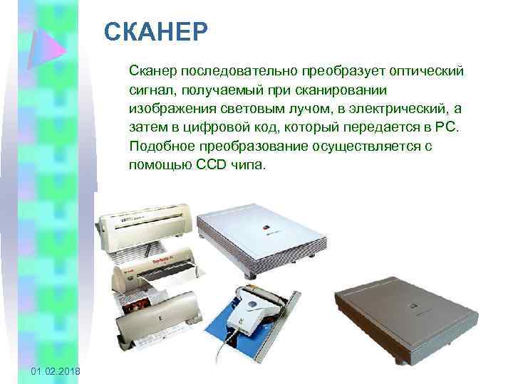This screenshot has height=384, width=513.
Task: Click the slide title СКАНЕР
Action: coord(155,31)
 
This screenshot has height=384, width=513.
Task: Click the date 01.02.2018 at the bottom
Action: coord(56,373)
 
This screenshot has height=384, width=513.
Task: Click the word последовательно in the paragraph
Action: coord(239,72)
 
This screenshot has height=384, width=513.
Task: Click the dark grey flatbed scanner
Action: coord(398,313)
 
